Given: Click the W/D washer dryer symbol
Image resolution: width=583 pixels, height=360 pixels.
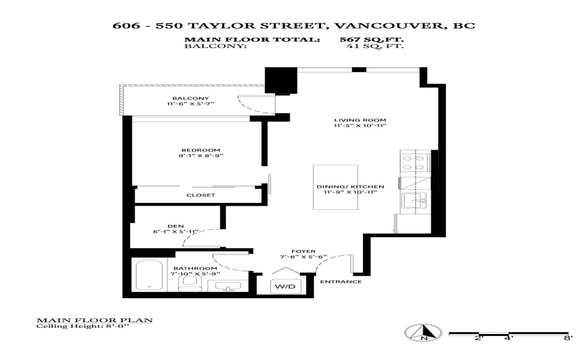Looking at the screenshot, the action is (x=285, y=286).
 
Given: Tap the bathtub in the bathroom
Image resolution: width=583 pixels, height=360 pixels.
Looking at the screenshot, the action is (x=149, y=275).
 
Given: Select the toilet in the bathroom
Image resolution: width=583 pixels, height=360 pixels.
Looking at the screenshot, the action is (x=189, y=283).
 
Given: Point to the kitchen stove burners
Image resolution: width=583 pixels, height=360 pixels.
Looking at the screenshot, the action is (x=414, y=163).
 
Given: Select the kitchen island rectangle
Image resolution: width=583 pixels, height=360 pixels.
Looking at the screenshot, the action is (x=335, y=187).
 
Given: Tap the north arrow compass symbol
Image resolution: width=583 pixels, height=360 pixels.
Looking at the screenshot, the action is (x=423, y=333).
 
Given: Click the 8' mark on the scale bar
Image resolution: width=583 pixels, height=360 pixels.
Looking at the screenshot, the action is (x=568, y=338).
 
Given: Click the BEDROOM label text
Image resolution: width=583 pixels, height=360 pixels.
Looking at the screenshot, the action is (x=201, y=150).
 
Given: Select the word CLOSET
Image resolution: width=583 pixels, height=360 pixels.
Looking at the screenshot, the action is (x=201, y=195).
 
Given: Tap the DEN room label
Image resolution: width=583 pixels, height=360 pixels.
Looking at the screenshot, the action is (x=176, y=226).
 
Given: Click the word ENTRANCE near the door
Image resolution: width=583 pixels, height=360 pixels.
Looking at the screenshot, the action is (x=341, y=282).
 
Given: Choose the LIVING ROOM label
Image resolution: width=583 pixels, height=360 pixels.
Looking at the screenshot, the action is (x=360, y=120).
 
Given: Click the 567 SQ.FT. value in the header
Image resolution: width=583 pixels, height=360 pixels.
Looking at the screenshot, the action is (x=372, y=39).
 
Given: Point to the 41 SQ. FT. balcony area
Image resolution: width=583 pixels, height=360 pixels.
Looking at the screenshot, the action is (x=374, y=46).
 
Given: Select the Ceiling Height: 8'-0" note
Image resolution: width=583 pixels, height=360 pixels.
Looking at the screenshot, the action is (x=82, y=326).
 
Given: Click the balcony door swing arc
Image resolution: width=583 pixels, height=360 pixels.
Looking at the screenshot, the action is (x=250, y=107).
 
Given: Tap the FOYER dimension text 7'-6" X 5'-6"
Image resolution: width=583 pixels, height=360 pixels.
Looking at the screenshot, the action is (x=303, y=257).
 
